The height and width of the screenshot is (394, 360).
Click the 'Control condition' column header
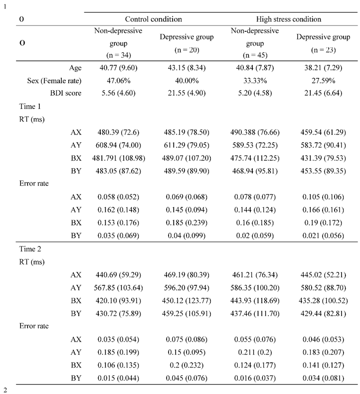[x=153, y=19]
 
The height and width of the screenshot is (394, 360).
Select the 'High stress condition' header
[x=288, y=19]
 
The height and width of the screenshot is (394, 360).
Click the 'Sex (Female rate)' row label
[x=54, y=80]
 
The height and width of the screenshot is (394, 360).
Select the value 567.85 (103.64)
[x=118, y=287]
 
